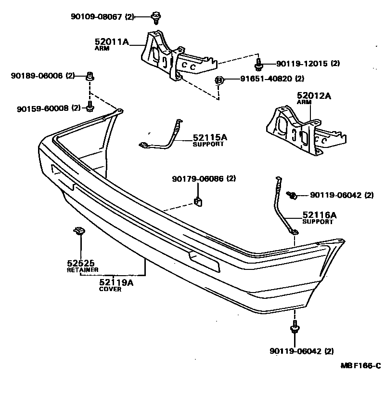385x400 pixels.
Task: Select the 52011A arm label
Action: point(112,42)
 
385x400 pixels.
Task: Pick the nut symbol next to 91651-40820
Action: point(218,80)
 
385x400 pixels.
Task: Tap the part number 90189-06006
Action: point(37,76)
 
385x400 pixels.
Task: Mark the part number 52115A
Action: point(209,137)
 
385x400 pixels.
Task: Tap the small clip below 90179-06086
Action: point(198,200)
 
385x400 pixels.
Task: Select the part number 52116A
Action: point(320,215)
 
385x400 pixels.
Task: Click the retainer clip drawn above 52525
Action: point(78,231)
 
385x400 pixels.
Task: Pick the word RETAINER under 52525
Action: point(82,270)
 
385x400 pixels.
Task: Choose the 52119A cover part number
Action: point(116,283)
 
